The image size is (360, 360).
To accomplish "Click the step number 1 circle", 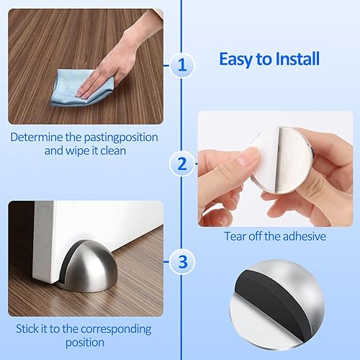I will point(182,66).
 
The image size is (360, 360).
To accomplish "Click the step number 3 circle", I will point(182,260).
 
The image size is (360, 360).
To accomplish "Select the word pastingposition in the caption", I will point(109,137).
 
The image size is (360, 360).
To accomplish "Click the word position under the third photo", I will point(84,344).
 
